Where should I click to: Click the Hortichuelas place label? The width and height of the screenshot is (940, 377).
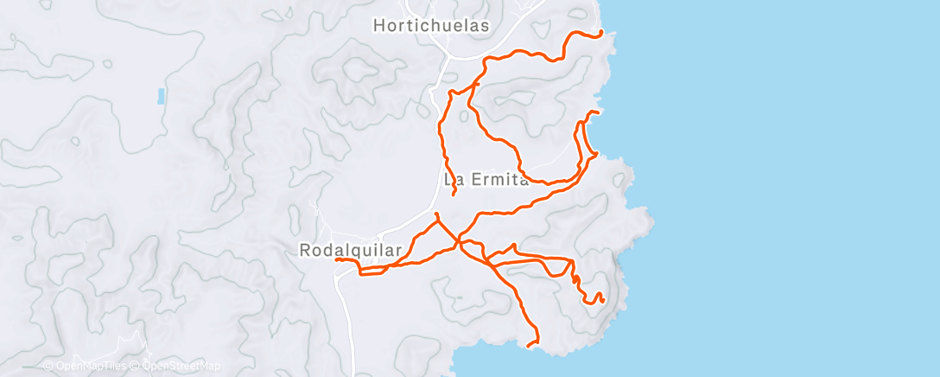click(431, 26)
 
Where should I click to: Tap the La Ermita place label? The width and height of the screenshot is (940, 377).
click(486, 181)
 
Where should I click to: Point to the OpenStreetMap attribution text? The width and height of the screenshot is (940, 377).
click(180, 366)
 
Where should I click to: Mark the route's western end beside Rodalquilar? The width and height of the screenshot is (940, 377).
click(337, 259)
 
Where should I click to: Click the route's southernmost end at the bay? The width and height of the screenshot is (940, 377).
click(528, 345)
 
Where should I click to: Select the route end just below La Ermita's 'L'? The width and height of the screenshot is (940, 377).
click(454, 195)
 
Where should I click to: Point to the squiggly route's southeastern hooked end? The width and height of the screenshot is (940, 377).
click(601, 299)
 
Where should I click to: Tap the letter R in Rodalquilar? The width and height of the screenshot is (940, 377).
click(305, 250)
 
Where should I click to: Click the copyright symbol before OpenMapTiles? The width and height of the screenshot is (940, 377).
click(48, 366)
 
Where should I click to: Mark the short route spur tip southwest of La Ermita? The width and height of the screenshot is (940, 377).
click(437, 214)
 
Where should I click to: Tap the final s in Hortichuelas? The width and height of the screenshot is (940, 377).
click(485, 26)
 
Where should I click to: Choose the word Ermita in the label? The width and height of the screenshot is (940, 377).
click(498, 181)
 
